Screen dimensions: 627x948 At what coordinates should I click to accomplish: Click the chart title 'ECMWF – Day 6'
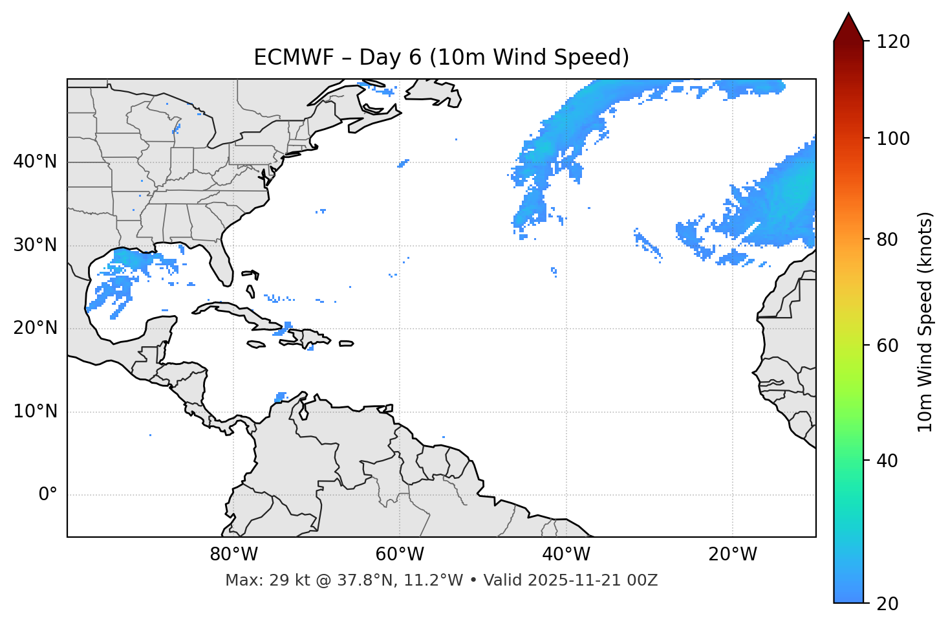[x=441, y=58]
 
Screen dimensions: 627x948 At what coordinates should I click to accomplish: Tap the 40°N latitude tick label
[x=35, y=162]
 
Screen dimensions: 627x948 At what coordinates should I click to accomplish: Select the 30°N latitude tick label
[x=35, y=245]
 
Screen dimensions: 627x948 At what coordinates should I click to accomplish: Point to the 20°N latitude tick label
[x=35, y=328]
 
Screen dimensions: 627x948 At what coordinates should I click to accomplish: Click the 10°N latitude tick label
[x=35, y=412]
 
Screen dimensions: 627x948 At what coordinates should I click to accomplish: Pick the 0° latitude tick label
[x=47, y=495]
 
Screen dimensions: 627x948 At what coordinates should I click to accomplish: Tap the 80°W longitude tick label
[x=233, y=555]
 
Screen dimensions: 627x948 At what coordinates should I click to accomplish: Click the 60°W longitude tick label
[x=400, y=555]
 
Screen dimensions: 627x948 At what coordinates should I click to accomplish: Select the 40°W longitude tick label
[x=566, y=555]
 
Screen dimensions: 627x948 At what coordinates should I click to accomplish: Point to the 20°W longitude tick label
[x=732, y=555]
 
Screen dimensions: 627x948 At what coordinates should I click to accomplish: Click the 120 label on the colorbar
[x=893, y=42]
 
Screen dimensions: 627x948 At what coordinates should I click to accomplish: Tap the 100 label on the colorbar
[x=893, y=138]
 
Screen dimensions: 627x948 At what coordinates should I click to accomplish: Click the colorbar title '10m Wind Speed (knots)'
[x=925, y=322]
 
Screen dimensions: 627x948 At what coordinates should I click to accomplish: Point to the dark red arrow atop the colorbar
[x=848, y=28]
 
